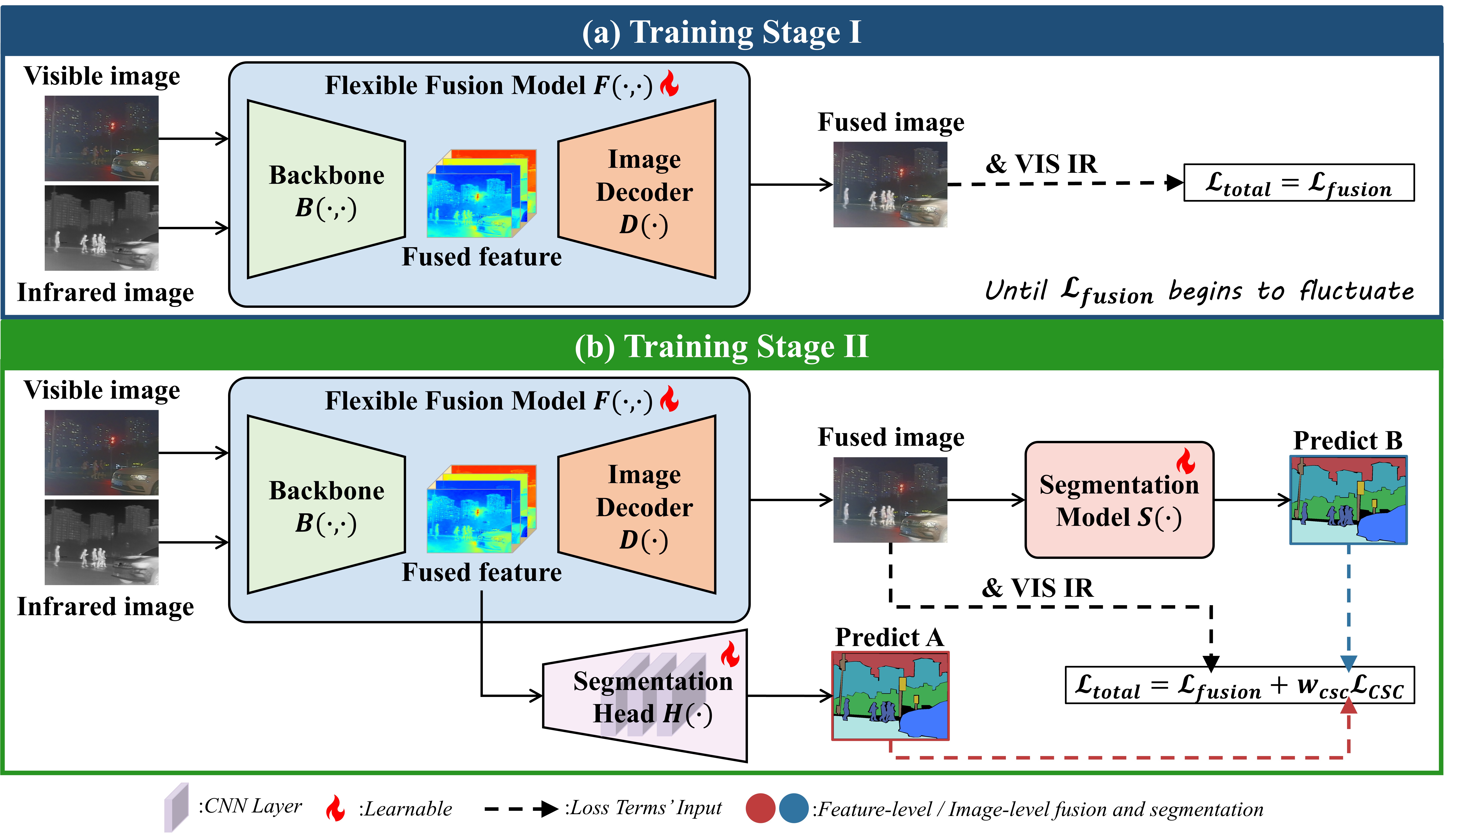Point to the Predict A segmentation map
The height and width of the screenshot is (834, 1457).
890,696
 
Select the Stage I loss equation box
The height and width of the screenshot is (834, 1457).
1298,183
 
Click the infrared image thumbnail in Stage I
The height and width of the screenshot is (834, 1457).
101,228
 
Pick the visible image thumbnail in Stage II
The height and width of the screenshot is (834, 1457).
101,453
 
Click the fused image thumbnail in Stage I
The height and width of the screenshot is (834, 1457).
890,184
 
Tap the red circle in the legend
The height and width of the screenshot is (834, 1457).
760,808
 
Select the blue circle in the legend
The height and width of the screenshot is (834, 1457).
793,808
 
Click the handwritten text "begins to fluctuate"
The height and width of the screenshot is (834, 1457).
1291,291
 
